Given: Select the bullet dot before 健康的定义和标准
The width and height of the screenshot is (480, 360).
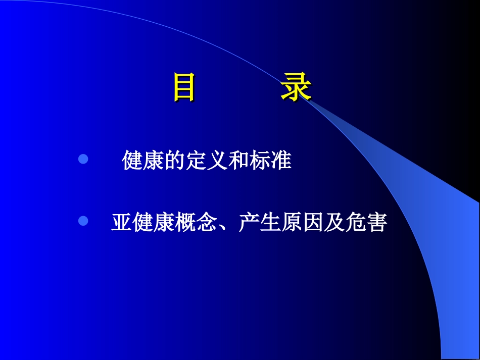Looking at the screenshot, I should click(x=83, y=160).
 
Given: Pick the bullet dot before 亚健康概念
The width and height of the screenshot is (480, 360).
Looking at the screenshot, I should click(x=83, y=221).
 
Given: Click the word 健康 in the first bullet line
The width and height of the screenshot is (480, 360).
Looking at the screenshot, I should click(x=143, y=161).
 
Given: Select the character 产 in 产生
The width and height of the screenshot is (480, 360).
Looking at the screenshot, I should click(x=249, y=222).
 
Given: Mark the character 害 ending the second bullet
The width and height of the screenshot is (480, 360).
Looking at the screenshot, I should click(x=376, y=222).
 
